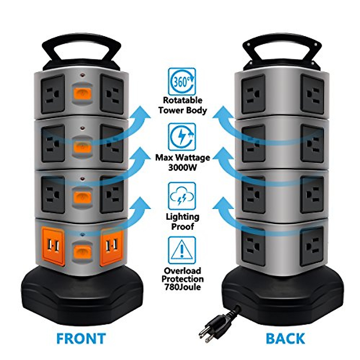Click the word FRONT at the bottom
pyautogui.click(x=81, y=338)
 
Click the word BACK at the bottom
pyautogui.click(x=285, y=338)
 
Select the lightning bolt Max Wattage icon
pyautogui.click(x=182, y=137)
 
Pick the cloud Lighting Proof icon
pyautogui.click(x=182, y=196)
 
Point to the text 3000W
pyautogui.click(x=182, y=167)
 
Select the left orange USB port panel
pyautogui.click(x=53, y=247)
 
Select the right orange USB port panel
pyautogui.click(x=112, y=247)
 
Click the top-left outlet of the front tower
pyautogui.click(x=53, y=94)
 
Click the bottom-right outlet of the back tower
pyautogui.click(x=312, y=246)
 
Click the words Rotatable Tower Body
pyautogui.click(x=182, y=105)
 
